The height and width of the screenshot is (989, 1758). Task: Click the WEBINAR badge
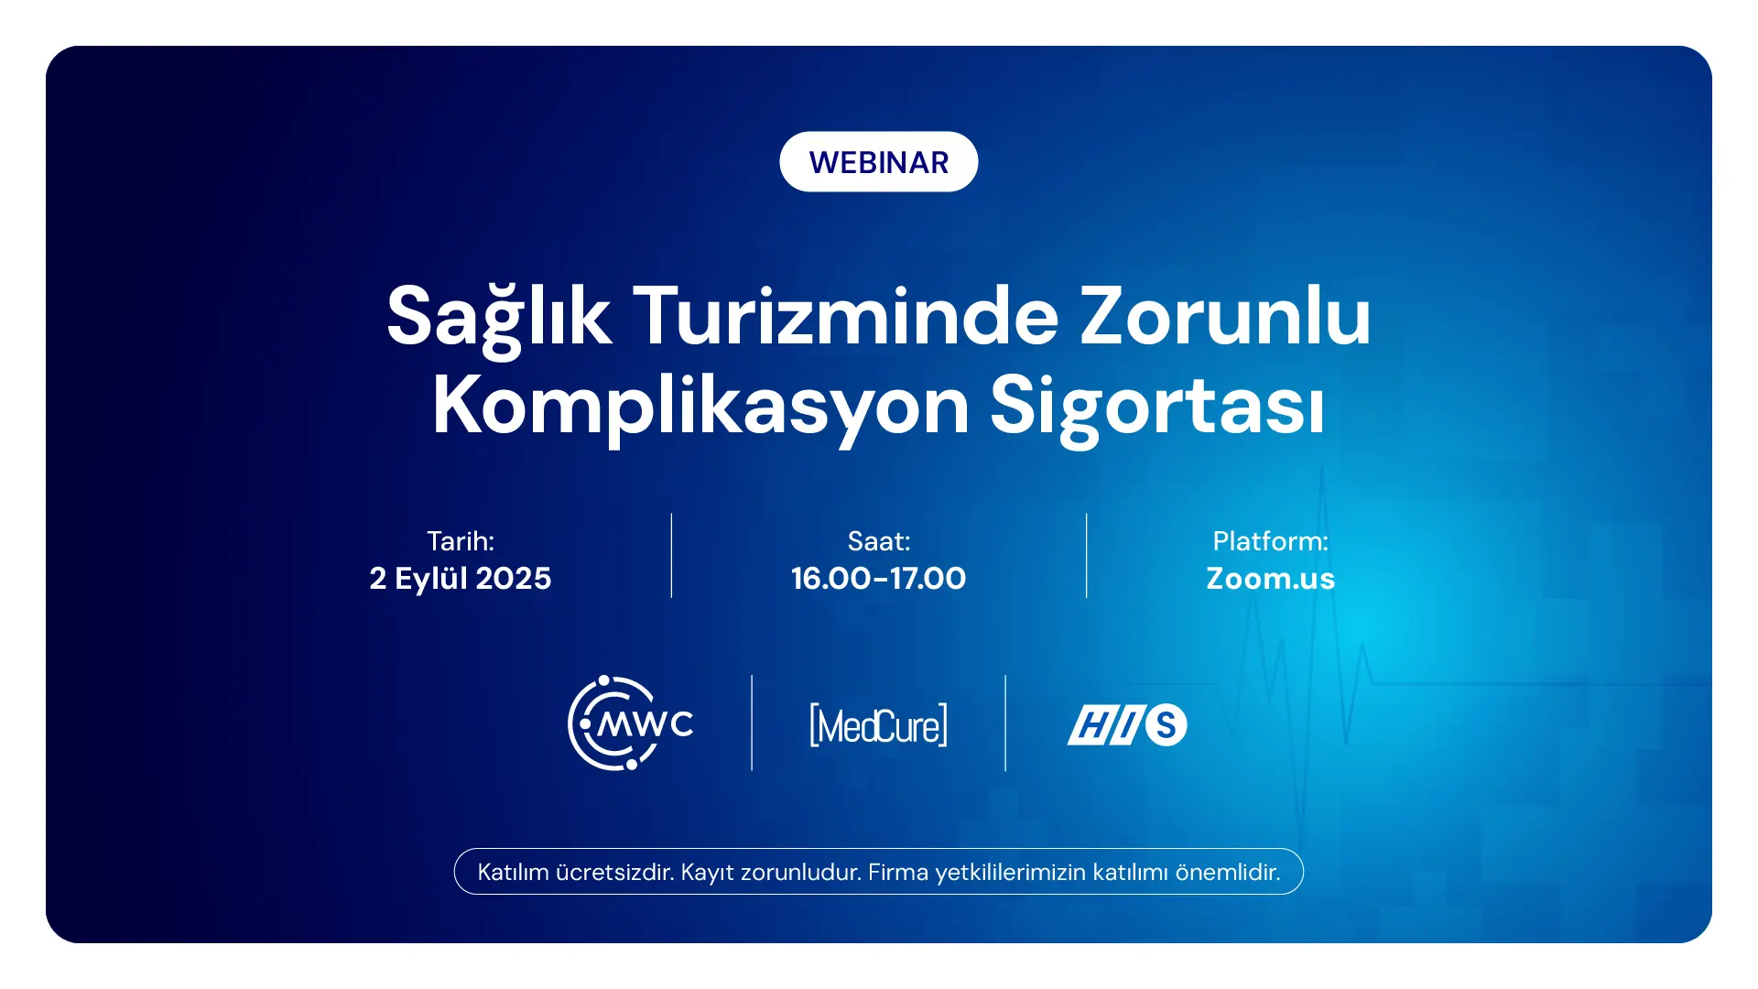[x=879, y=162]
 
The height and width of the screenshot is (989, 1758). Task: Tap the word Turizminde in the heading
[x=846, y=316]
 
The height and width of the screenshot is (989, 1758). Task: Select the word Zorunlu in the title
[x=1226, y=316]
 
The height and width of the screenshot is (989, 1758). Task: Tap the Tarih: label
[x=461, y=541]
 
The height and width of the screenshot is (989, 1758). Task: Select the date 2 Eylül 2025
[x=461, y=579]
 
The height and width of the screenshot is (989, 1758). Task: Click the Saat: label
[x=879, y=541]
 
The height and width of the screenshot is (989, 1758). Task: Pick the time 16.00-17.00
[x=879, y=579]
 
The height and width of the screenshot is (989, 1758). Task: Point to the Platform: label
[x=1271, y=541]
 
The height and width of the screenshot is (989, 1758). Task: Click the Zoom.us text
[x=1271, y=579]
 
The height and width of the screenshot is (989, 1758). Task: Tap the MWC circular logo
[x=630, y=723]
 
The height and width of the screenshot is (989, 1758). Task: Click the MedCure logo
[x=879, y=725]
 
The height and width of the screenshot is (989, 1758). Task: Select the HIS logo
[x=1127, y=724]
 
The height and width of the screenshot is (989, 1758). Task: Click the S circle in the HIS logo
[x=1166, y=724]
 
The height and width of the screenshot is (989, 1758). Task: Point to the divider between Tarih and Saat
[x=671, y=556]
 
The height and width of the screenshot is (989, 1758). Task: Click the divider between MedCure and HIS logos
[x=1005, y=723]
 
